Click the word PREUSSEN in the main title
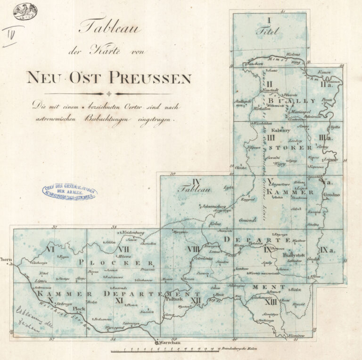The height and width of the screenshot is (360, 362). pyautogui.click(x=150, y=76)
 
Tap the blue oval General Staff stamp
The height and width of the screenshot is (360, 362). pyautogui.click(x=70, y=192)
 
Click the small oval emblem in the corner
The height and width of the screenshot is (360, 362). pyautogui.click(x=25, y=11)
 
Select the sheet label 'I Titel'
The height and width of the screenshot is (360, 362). pyautogui.click(x=268, y=27)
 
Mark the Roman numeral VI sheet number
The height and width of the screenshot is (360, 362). pyautogui.click(x=49, y=249)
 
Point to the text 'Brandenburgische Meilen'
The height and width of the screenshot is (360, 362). pyautogui.click(x=241, y=350)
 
